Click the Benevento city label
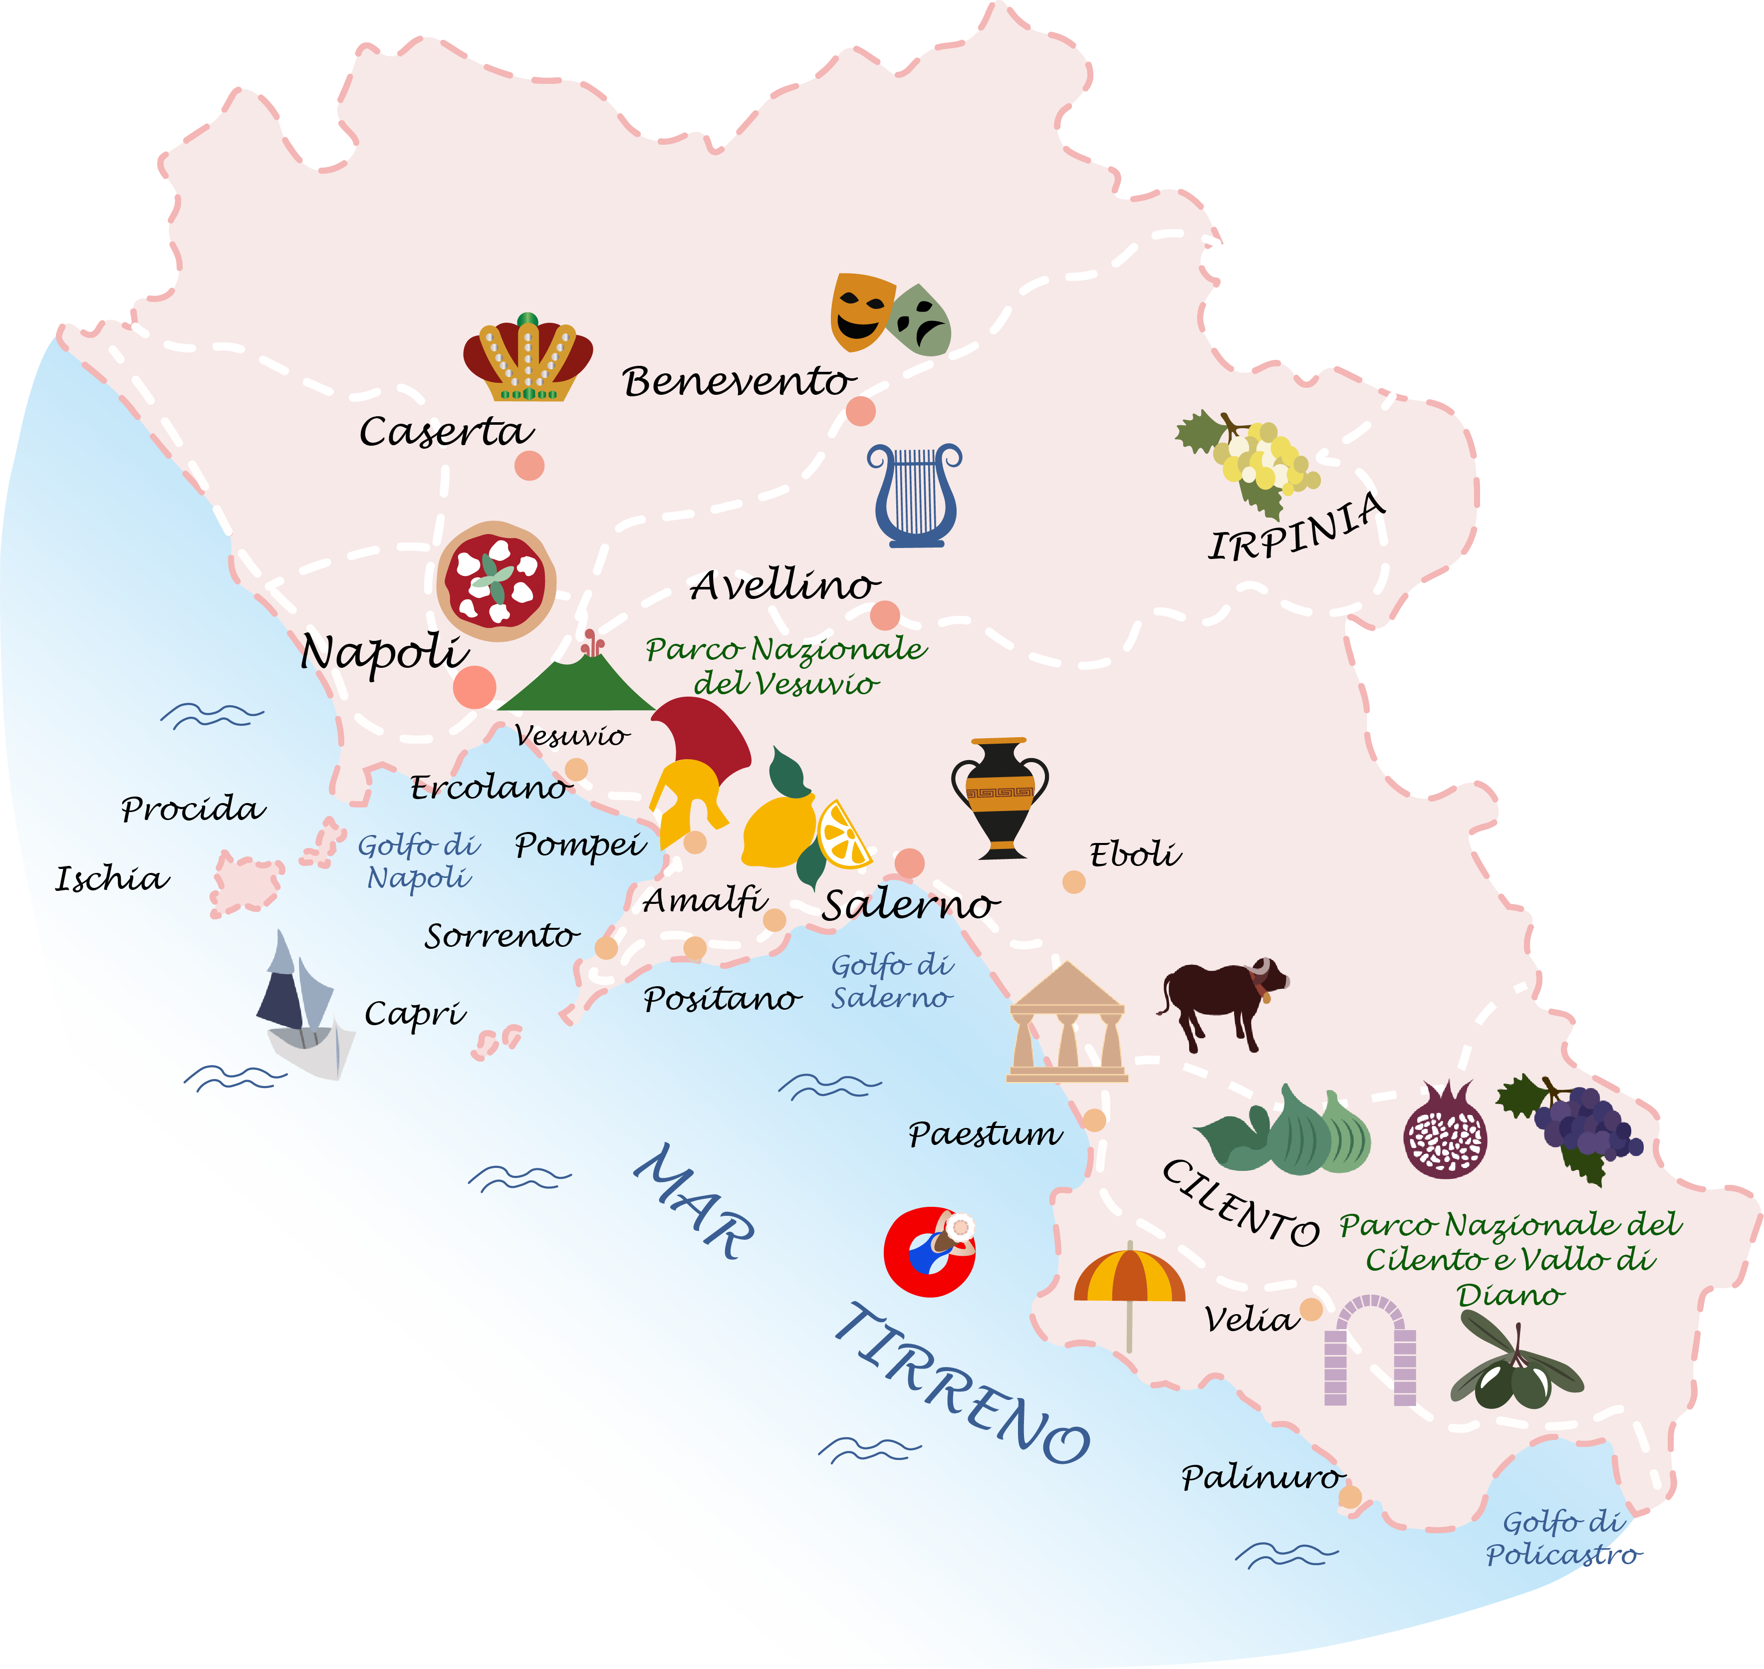(x=738, y=382)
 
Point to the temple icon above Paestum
(x=1066, y=1023)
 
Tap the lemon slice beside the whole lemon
(x=842, y=834)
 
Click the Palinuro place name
(x=1260, y=1478)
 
